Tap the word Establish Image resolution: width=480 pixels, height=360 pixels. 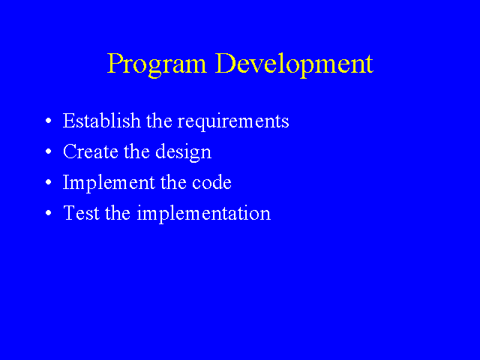[102, 120]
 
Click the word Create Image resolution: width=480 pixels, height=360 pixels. [91, 151]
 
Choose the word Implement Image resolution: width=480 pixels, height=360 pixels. [109, 183]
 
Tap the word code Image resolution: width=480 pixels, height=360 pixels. [211, 181]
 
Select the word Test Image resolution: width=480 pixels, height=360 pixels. [82, 212]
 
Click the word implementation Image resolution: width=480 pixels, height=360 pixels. [204, 214]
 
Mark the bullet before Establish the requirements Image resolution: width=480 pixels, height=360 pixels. [48, 121]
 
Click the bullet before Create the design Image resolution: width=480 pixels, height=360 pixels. [48, 151]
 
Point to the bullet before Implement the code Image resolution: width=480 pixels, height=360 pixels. [48, 182]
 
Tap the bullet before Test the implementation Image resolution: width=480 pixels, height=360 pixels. [48, 213]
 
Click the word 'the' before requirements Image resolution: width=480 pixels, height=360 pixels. [159, 120]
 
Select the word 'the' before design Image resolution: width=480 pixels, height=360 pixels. [136, 151]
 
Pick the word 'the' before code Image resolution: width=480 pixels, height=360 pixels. [173, 181]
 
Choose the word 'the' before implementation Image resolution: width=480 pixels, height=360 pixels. [118, 212]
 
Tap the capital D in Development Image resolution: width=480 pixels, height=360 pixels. [226, 63]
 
